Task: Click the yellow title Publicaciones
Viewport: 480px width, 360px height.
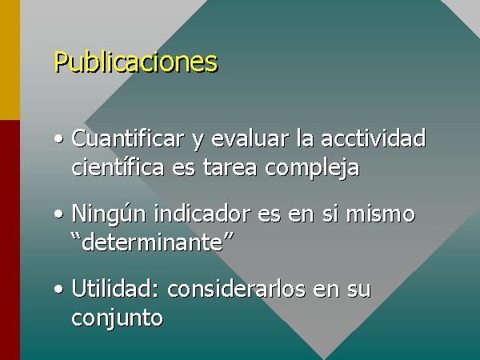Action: pyautogui.click(x=136, y=62)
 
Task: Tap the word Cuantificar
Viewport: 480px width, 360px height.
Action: pyautogui.click(x=127, y=138)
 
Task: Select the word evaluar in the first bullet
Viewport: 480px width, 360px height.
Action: pyautogui.click(x=250, y=138)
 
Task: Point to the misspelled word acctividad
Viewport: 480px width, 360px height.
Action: pyautogui.click(x=373, y=138)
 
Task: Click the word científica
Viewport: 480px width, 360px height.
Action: pyautogui.click(x=118, y=167)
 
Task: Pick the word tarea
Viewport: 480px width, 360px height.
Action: pyautogui.click(x=230, y=168)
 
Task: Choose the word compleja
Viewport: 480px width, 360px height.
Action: pyautogui.click(x=312, y=169)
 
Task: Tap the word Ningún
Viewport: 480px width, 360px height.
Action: pyautogui.click(x=109, y=214)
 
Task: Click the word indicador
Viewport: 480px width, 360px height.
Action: pyautogui.click(x=202, y=213)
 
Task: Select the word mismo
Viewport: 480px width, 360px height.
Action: pyautogui.click(x=381, y=213)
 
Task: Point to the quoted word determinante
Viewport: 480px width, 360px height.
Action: pyautogui.click(x=152, y=242)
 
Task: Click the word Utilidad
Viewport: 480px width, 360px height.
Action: pyautogui.click(x=115, y=288)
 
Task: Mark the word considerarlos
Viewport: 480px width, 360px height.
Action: pyautogui.click(x=236, y=288)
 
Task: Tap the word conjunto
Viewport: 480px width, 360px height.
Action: pyautogui.click(x=118, y=318)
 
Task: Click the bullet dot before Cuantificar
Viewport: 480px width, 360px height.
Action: pyautogui.click(x=58, y=139)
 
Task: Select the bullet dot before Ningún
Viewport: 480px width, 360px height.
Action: pyautogui.click(x=58, y=214)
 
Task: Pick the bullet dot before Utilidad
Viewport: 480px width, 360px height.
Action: pyautogui.click(x=58, y=289)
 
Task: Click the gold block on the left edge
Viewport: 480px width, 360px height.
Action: pyautogui.click(x=10, y=60)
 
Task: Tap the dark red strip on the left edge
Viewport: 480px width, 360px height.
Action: pyautogui.click(x=10, y=240)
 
